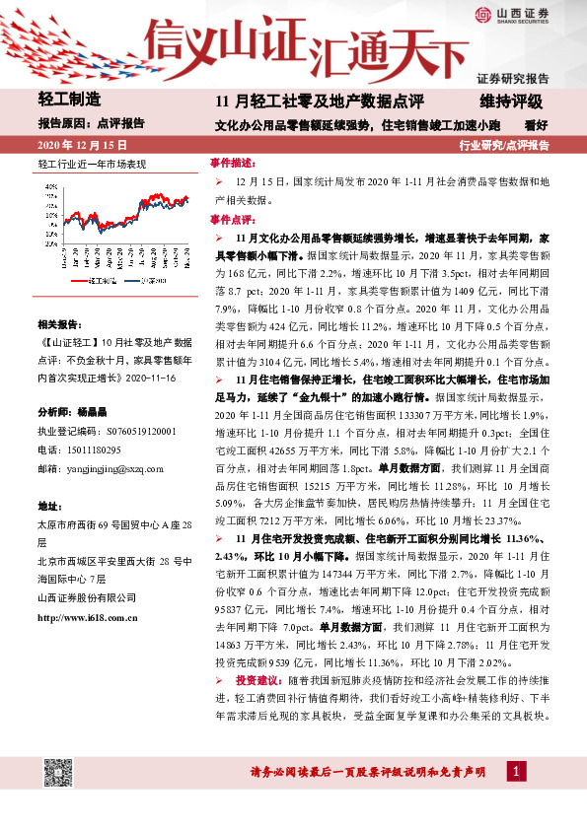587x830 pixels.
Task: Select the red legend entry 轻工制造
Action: tap(100, 281)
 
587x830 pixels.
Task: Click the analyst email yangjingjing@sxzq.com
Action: tap(114, 468)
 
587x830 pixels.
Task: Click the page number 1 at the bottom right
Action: tap(517, 769)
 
